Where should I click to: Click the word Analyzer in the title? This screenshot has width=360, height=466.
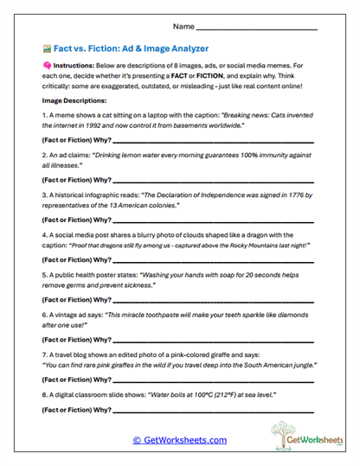tap(186, 48)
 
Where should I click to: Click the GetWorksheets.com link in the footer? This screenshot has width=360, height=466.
tap(179, 440)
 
